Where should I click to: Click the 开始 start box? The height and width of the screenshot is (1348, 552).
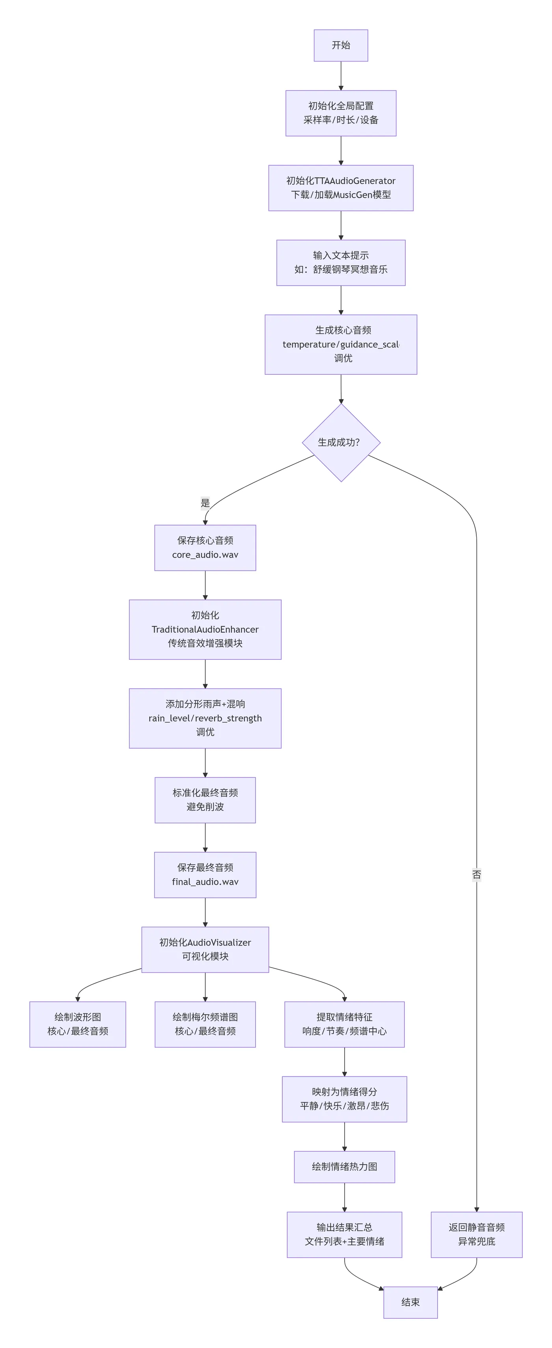341,46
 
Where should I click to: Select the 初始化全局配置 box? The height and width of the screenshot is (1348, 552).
341,113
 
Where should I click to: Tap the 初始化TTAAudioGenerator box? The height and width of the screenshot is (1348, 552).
341,188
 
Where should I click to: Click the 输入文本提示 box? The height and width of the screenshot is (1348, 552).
341,263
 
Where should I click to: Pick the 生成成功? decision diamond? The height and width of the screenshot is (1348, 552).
341,442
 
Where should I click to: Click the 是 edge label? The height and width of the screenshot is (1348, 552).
205,503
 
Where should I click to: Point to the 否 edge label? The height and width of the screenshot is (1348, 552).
476,874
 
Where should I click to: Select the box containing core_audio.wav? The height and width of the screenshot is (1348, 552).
205,547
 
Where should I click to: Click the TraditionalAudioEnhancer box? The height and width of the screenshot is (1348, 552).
205,629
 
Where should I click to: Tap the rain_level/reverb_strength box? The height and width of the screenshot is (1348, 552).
205,718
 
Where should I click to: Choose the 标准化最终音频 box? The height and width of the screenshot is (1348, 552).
205,800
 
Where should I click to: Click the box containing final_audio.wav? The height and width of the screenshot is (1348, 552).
205,874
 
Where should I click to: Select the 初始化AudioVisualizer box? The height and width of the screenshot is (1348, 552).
205,949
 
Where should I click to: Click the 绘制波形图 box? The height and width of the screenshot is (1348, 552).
77,1024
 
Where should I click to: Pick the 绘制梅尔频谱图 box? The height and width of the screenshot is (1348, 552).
205,1024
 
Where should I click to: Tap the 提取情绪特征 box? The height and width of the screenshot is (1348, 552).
344,1024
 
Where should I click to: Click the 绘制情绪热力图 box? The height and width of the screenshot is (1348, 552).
344,1166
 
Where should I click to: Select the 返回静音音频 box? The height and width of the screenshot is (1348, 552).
476,1234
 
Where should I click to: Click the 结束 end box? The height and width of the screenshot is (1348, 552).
410,1302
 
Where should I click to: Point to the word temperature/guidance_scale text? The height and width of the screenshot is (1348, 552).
341,344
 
